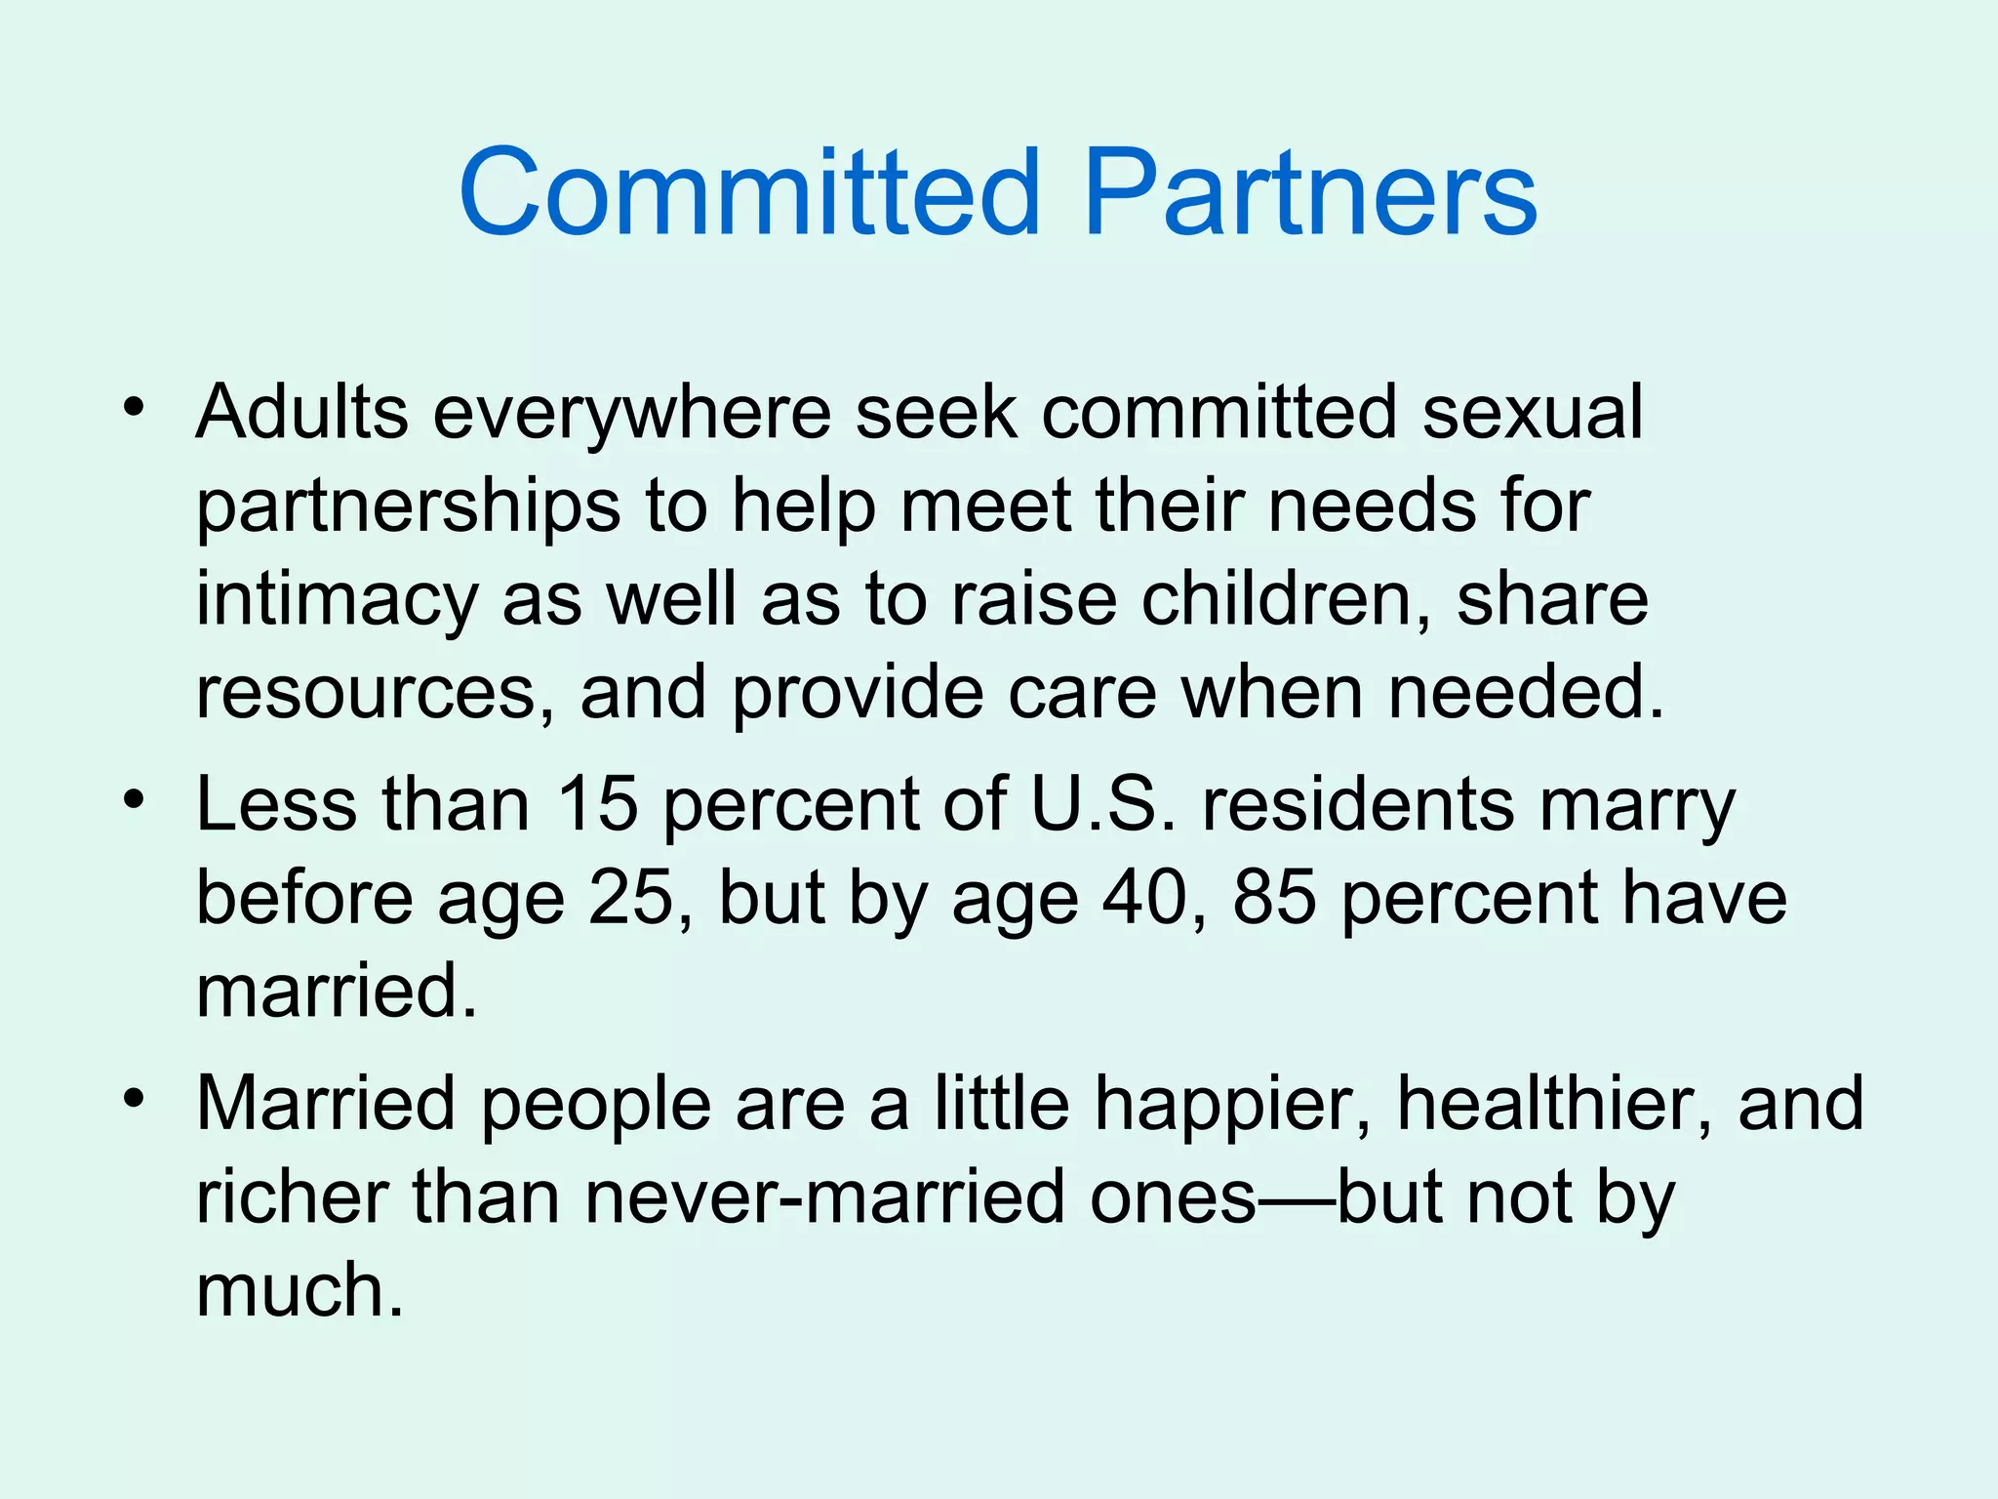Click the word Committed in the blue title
(749, 192)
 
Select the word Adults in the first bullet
(301, 412)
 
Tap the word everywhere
(631, 412)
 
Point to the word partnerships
(408, 507)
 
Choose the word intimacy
(336, 600)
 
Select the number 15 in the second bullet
(597, 805)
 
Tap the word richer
(292, 1197)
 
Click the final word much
(300, 1290)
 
